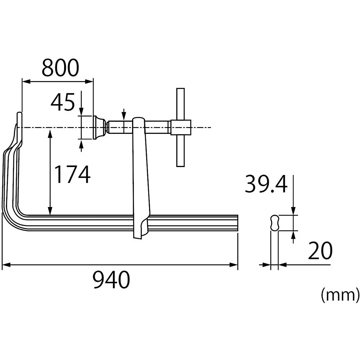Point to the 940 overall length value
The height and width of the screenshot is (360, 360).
(111, 280)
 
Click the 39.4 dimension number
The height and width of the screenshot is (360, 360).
(266, 184)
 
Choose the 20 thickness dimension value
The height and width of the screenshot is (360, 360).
(320, 251)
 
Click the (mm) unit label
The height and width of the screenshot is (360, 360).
(340, 295)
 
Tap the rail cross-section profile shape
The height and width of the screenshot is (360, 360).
(274, 223)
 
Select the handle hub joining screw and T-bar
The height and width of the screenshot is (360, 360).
(181, 127)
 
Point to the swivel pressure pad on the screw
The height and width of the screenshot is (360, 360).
(99, 127)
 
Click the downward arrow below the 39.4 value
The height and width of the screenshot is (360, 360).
(294, 212)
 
